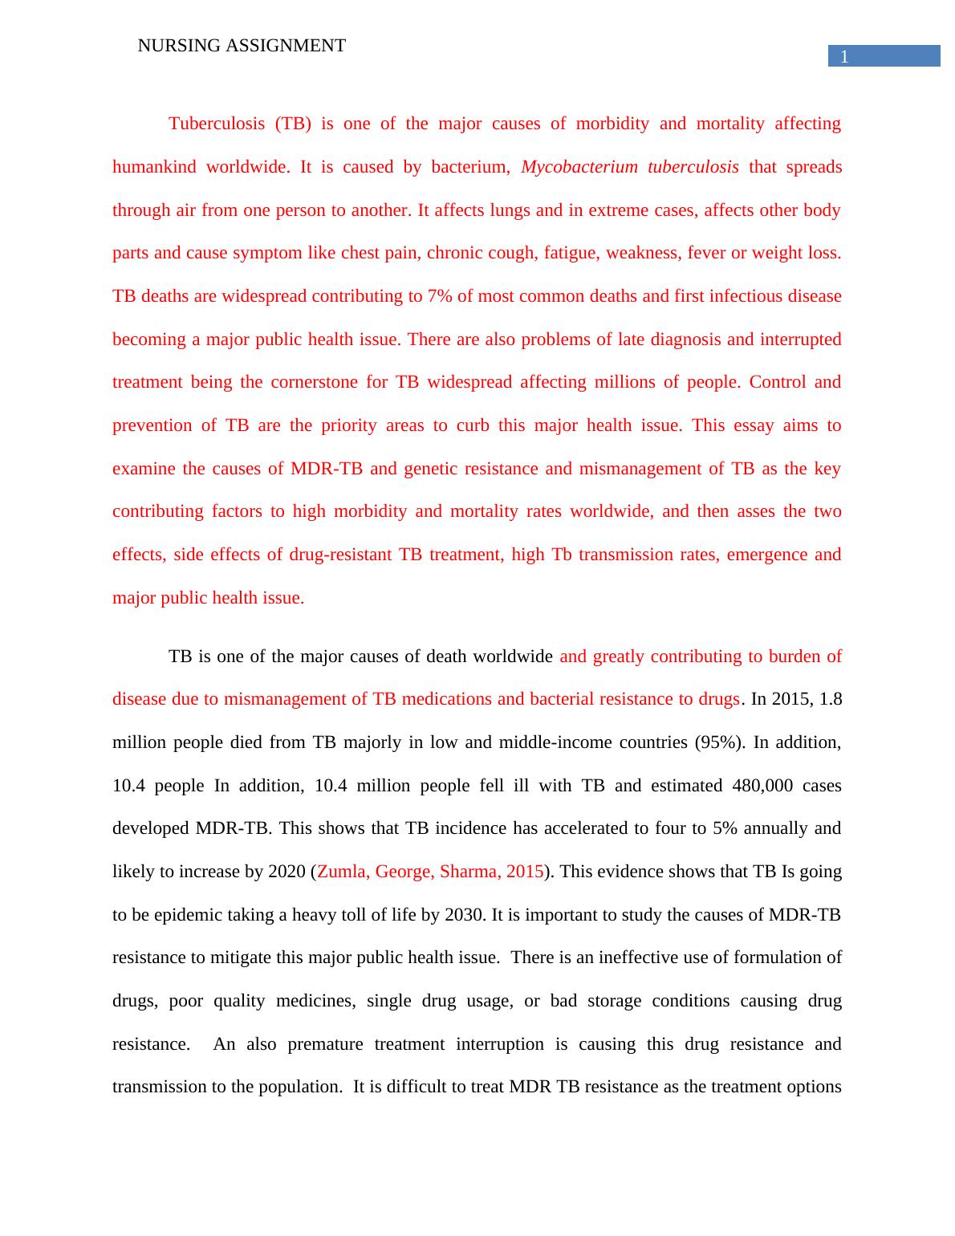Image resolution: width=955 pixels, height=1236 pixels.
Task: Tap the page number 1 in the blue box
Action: click(x=843, y=56)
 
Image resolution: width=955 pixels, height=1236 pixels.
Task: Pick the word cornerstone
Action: click(x=314, y=382)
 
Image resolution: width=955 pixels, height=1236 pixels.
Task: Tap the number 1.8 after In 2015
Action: click(x=829, y=699)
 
